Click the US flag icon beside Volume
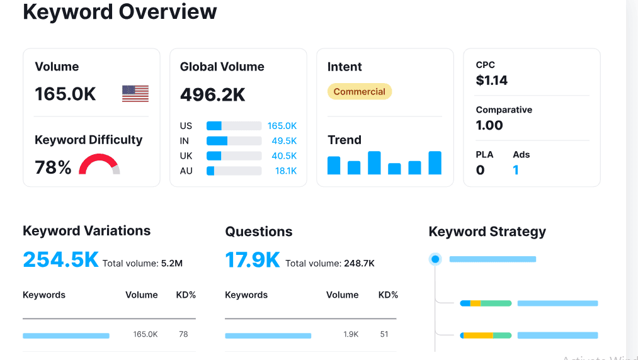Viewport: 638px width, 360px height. (135, 94)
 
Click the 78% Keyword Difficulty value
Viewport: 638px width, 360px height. (53, 167)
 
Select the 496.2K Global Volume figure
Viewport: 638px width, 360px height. (212, 94)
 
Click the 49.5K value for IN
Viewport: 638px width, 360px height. (284, 141)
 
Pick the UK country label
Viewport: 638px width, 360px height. (186, 156)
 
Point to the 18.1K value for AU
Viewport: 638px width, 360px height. (285, 171)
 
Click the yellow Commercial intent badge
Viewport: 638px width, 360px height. (359, 92)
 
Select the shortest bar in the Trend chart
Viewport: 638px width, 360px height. (394, 169)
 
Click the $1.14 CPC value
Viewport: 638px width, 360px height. (491, 81)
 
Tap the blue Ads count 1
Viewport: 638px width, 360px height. (516, 170)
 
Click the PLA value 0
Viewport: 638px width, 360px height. (480, 170)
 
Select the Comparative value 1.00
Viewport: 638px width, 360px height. (489, 125)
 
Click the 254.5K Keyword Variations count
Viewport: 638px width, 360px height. (60, 260)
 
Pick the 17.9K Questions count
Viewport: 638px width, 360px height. (252, 260)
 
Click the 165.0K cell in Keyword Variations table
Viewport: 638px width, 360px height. (145, 334)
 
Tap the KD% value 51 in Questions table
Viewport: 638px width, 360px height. (384, 334)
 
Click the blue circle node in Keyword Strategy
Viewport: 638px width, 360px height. (435, 259)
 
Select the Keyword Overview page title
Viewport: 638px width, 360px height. (120, 11)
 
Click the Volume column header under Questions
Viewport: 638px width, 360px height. (342, 295)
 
